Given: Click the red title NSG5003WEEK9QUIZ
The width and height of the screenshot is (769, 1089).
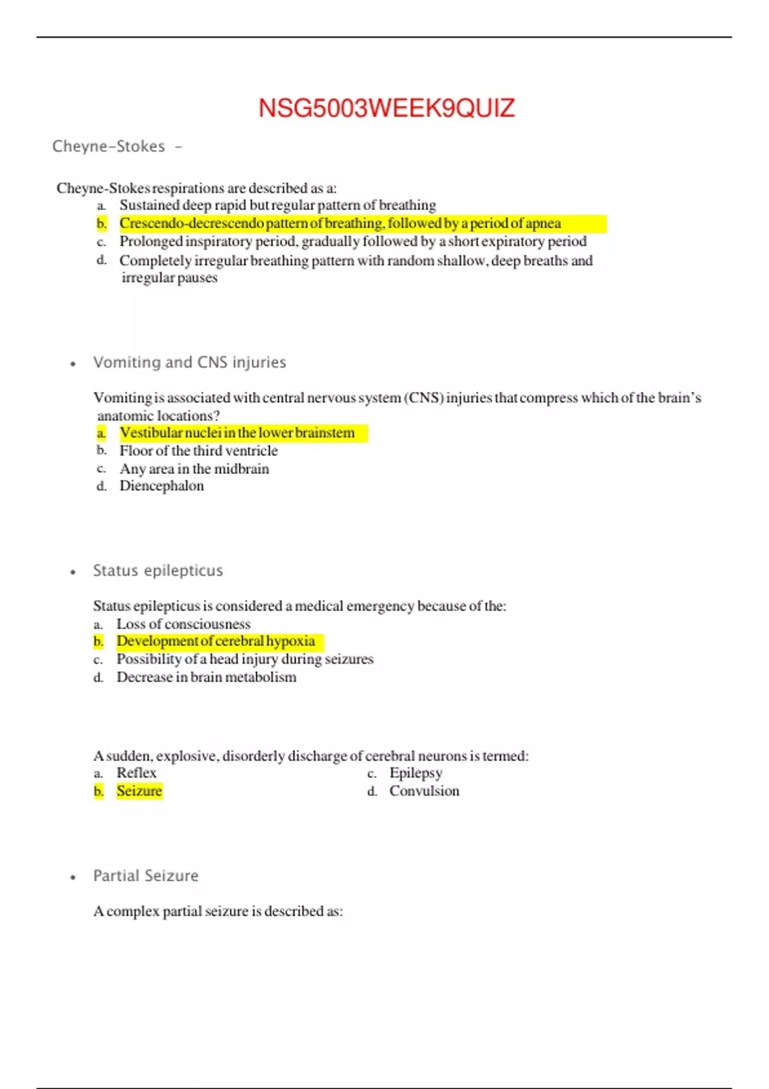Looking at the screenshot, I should [386, 108].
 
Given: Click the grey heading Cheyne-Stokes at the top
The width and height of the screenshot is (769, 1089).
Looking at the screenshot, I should [109, 147].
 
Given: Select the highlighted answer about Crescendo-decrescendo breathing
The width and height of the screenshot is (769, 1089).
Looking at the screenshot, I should [340, 224].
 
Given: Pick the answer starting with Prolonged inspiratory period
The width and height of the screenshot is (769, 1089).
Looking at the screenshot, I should [352, 242].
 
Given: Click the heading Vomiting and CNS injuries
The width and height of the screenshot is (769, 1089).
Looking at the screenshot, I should [190, 363].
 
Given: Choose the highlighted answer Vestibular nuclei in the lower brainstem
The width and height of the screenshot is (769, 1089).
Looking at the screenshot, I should [236, 433].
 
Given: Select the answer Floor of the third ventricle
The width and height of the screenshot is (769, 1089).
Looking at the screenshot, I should [199, 451].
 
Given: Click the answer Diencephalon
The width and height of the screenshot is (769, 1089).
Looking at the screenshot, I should [161, 486].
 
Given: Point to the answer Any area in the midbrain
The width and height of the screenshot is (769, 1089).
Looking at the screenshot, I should [194, 469].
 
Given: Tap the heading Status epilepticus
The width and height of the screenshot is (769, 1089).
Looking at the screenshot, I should [158, 571].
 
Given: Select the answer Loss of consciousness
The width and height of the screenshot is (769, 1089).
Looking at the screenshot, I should [183, 624].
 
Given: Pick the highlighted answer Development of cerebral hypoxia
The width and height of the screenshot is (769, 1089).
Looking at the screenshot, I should [215, 641].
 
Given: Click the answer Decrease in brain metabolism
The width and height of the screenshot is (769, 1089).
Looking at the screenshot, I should [206, 677].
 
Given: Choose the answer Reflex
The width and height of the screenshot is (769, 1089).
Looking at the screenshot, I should [136, 773].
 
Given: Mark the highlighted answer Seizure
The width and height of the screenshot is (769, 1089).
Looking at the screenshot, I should [139, 791].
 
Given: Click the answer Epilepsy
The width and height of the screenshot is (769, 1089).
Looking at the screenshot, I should [416, 773].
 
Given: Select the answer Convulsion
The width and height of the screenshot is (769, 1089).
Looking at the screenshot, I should [424, 791].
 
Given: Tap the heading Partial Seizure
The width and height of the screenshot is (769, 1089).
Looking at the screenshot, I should [146, 876].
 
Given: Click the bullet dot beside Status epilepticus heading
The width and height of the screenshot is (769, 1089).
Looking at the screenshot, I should [73, 572].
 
